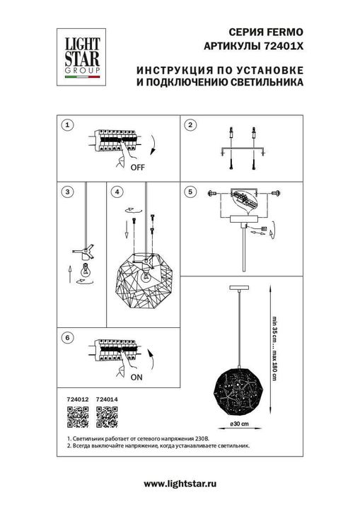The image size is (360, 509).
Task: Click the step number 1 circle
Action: pyautogui.click(x=66, y=125)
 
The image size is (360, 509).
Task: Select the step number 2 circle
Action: pyautogui.click(x=190, y=125)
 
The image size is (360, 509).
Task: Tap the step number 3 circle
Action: pyautogui.click(x=66, y=192)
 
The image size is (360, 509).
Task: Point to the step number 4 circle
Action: pyautogui.click(x=117, y=192)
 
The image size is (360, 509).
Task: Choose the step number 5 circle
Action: pyautogui.click(x=190, y=192)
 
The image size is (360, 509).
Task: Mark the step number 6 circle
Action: pyautogui.click(x=66, y=338)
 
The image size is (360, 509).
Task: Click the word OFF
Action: pyautogui.click(x=137, y=168)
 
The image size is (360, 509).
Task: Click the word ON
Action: pyautogui.click(x=137, y=378)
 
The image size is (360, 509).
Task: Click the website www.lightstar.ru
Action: pyautogui.click(x=180, y=484)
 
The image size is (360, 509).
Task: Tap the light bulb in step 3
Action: pyautogui.click(x=85, y=269)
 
